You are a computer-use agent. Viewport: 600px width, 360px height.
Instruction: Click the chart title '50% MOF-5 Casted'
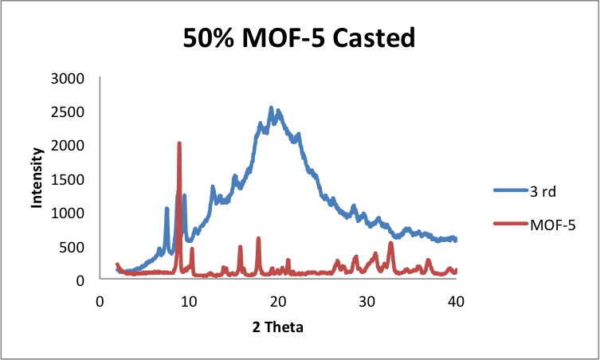[x=300, y=37]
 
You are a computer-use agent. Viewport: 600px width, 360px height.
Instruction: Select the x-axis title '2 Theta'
[x=278, y=327]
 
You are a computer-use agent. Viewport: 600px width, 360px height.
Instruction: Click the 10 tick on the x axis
[x=189, y=302]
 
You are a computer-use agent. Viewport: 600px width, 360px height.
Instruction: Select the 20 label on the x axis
[x=278, y=302]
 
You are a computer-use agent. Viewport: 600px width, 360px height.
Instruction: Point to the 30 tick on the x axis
[x=367, y=302]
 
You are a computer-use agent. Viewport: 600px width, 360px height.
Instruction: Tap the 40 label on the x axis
[x=456, y=302]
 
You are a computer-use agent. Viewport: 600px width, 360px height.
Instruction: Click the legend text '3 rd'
[x=543, y=191]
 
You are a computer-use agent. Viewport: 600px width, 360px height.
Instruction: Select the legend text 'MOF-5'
[x=552, y=225]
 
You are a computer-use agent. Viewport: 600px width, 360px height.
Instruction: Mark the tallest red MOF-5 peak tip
[x=179, y=143]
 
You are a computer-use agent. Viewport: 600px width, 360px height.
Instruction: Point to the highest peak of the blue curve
[x=271, y=108]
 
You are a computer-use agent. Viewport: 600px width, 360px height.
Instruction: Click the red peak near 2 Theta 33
[x=390, y=243]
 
